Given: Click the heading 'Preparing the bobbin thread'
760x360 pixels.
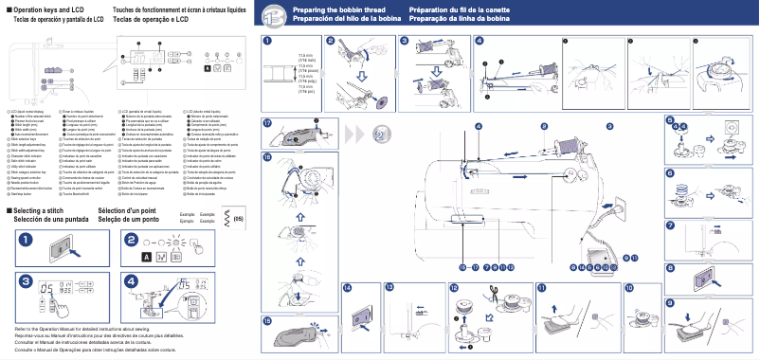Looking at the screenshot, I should (x=335, y=9).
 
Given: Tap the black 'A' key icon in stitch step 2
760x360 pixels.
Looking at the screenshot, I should (x=147, y=257).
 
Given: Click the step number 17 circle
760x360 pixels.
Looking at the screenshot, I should (x=267, y=124).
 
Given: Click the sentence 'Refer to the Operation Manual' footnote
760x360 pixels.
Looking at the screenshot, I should (x=85, y=328).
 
